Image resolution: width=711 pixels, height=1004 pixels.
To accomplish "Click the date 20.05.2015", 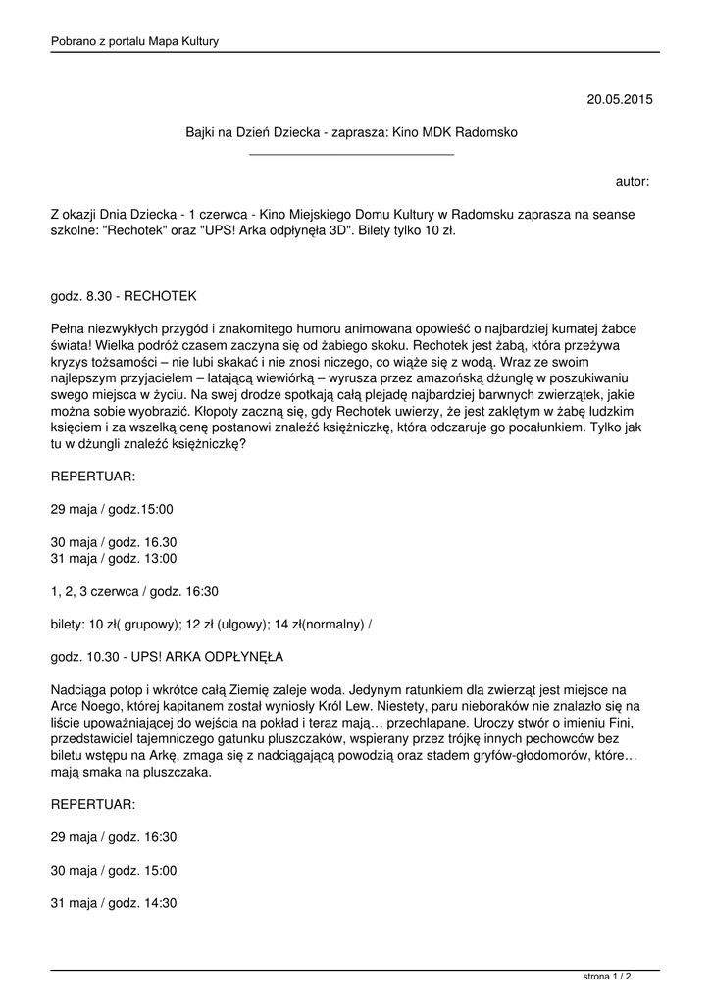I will [x=619, y=99].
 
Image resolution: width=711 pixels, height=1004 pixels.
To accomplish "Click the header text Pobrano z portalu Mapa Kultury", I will [x=134, y=41].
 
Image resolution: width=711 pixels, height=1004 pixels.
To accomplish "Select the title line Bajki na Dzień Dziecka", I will [x=351, y=131].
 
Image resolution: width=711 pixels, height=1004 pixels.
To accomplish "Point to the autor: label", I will [x=633, y=181].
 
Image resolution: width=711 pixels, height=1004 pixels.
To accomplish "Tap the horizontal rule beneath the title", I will [x=351, y=155].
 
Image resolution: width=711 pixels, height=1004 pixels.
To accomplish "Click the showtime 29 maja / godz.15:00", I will [x=112, y=509].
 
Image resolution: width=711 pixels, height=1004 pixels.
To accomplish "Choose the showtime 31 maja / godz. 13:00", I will [x=114, y=558].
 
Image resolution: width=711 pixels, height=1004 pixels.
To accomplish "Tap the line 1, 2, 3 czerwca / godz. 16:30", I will [x=134, y=591].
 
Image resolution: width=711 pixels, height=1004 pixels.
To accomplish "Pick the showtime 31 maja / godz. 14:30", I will [x=114, y=903].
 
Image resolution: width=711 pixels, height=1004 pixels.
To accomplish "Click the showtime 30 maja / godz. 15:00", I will [x=114, y=870].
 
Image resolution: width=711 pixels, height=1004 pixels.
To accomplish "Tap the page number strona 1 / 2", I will [x=607, y=977].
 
